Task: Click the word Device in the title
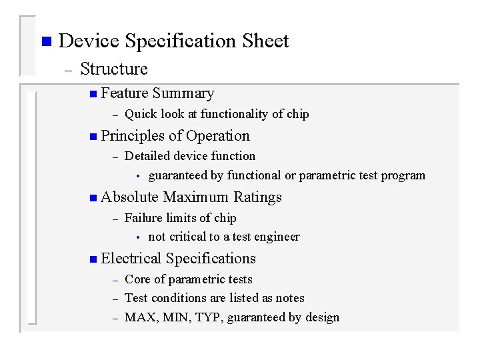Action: click(x=89, y=41)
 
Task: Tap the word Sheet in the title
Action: click(x=265, y=41)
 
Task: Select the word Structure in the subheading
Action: click(x=114, y=69)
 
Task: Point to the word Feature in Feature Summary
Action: click(x=125, y=93)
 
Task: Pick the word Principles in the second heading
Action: click(x=133, y=136)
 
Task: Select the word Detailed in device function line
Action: click(x=147, y=156)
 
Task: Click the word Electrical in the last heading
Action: click(x=131, y=259)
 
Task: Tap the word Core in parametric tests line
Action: click(x=137, y=279)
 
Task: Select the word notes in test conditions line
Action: click(x=289, y=298)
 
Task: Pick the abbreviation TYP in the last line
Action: click(x=209, y=317)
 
